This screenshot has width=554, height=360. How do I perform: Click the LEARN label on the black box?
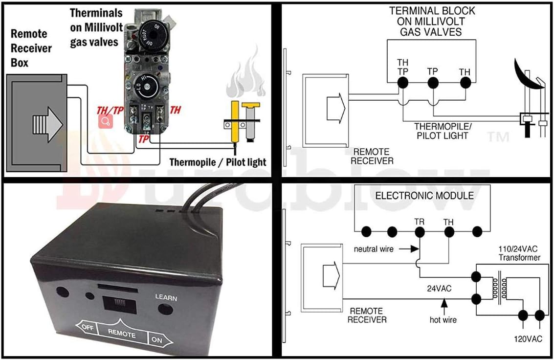(166, 297)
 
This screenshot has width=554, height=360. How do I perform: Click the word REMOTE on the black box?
(122, 335)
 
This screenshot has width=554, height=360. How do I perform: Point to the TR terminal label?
(419, 222)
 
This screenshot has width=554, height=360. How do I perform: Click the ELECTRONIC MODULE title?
(424, 196)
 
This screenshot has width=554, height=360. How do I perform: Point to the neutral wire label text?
(374, 249)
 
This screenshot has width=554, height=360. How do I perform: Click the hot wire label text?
(443, 320)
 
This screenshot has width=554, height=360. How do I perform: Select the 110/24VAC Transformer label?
(519, 253)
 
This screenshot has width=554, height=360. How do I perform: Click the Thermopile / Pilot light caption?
(218, 162)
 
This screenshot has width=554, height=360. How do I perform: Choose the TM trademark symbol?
(498, 137)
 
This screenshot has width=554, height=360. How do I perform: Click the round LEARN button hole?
(166, 309)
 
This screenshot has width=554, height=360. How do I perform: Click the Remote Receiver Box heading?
(31, 48)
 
